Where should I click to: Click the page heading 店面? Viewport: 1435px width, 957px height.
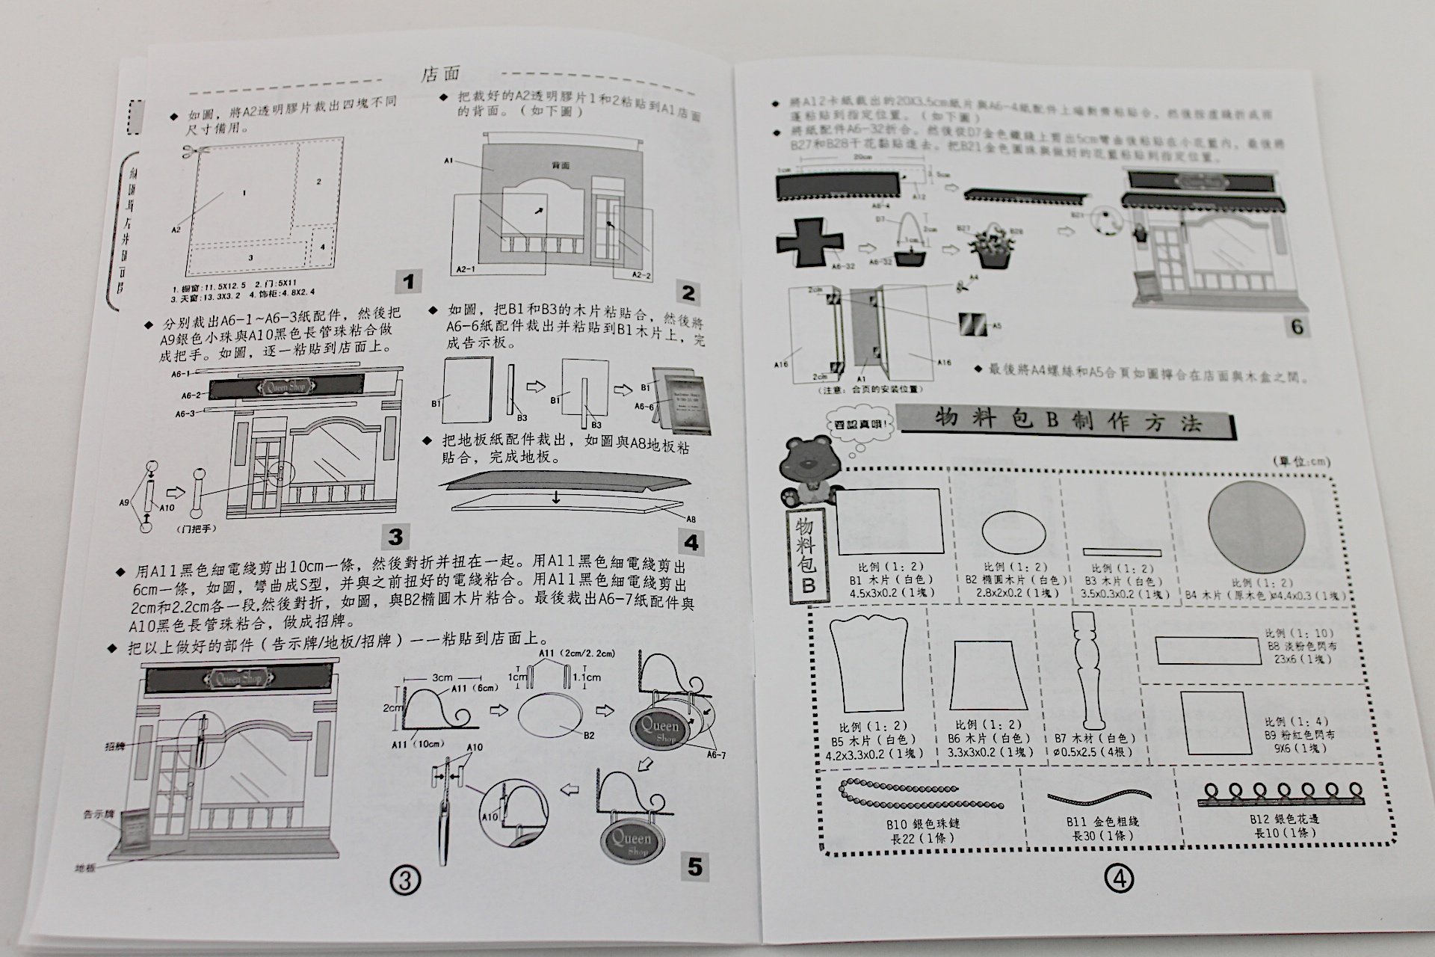pyautogui.click(x=441, y=73)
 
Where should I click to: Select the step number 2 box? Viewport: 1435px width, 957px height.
pyautogui.click(x=688, y=292)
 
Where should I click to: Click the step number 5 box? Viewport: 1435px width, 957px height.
pyautogui.click(x=695, y=867)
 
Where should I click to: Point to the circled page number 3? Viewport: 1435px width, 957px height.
pyautogui.click(x=404, y=880)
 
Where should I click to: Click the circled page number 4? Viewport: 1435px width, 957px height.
pyautogui.click(x=1119, y=879)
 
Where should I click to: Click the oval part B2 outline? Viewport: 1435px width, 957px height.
pyautogui.click(x=1013, y=532)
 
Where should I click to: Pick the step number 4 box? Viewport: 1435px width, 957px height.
pyautogui.click(x=691, y=543)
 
